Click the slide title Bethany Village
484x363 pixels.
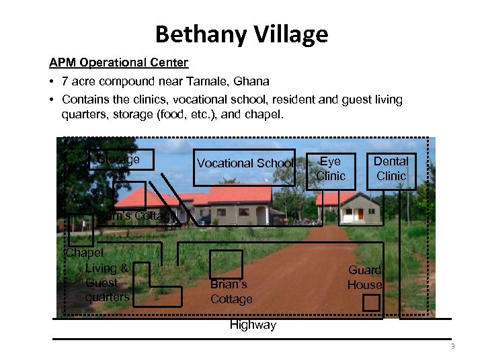(x=241, y=34)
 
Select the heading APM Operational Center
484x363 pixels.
(x=118, y=63)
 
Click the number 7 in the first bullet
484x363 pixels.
(x=65, y=81)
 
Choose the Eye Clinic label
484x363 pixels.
(x=330, y=169)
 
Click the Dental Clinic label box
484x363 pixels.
(x=391, y=169)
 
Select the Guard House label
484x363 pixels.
(x=364, y=278)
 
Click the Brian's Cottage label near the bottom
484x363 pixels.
(x=231, y=292)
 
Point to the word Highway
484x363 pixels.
(x=253, y=325)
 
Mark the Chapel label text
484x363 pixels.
(x=85, y=253)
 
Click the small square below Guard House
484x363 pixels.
(x=371, y=303)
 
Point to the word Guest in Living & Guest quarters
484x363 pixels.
(x=102, y=283)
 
